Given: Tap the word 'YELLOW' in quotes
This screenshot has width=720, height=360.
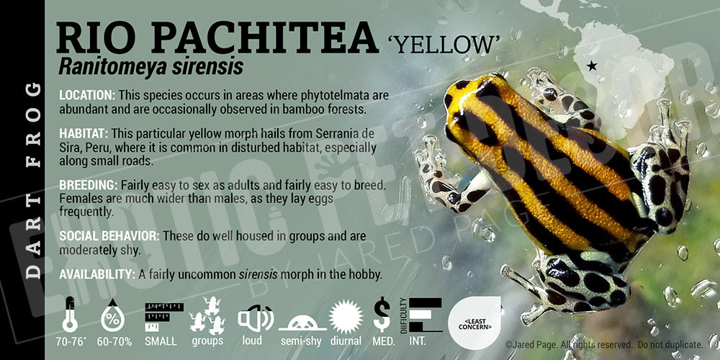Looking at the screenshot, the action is click(441, 45).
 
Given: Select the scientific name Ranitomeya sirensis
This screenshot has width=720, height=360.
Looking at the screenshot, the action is click(150, 67).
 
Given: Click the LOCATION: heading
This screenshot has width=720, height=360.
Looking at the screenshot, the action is click(87, 96).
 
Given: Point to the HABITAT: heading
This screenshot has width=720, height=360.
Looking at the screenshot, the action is click(84, 134).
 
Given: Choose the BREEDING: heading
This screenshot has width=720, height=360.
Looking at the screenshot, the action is click(88, 185).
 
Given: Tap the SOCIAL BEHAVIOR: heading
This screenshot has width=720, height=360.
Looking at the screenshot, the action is click(109, 236).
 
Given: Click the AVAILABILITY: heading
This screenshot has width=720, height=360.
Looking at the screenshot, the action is click(97, 274).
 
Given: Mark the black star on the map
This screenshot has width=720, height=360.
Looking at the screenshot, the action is click(591, 66).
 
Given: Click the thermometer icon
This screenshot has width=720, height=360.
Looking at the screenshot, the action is click(70, 315).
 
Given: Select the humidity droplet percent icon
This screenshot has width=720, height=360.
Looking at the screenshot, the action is click(112, 315).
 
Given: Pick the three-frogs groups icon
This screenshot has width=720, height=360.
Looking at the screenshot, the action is click(207, 315).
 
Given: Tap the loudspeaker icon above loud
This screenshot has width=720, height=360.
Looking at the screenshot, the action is click(255, 318).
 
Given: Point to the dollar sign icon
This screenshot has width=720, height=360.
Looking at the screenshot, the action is click(382, 315).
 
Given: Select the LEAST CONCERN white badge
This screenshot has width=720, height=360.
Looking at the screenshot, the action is click(474, 323).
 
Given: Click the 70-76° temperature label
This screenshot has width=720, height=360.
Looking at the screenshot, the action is click(70, 341).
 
